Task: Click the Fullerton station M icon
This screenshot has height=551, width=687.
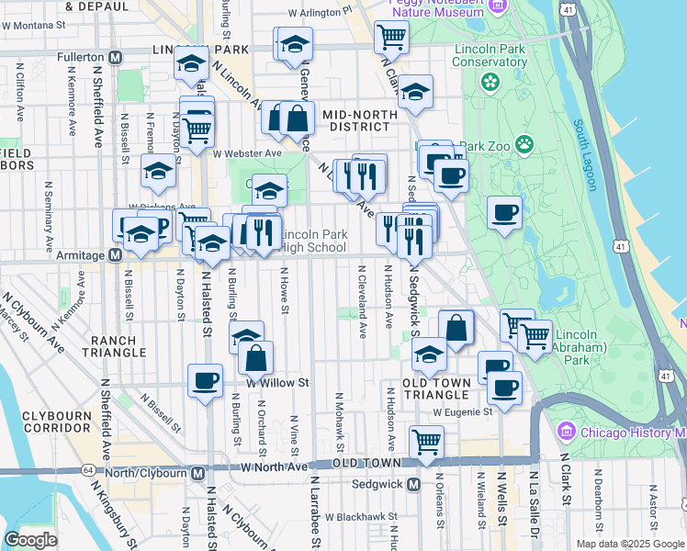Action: (116, 57)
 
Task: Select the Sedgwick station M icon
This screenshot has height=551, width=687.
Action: (413, 484)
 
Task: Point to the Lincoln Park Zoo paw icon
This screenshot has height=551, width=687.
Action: (524, 143)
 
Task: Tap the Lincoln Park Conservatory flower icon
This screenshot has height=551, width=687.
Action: (489, 82)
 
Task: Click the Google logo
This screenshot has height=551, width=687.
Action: (29, 540)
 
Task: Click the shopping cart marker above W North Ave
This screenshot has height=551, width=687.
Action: (427, 443)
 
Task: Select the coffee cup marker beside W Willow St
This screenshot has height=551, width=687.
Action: (205, 378)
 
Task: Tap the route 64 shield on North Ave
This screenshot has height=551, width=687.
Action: (87, 469)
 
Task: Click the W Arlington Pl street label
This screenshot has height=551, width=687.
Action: (320, 14)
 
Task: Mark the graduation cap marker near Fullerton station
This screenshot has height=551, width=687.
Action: (191, 64)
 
